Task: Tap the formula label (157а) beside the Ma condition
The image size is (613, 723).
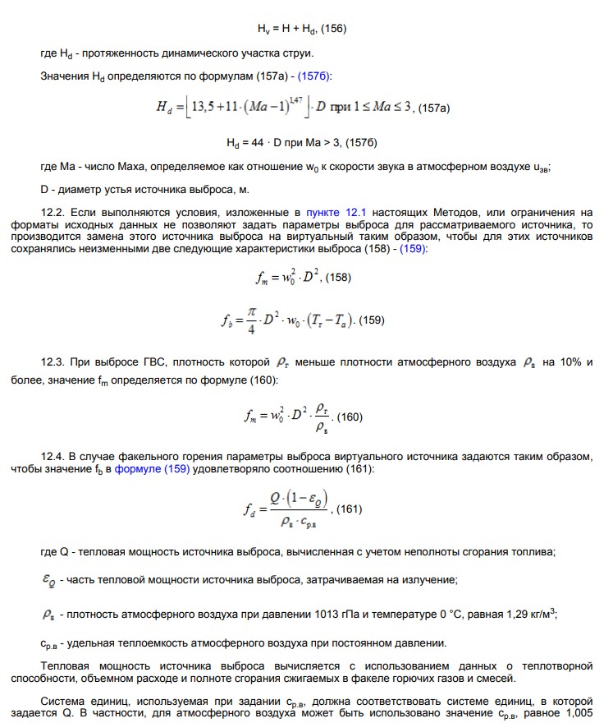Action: [x=434, y=108]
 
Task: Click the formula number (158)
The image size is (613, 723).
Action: [x=337, y=278]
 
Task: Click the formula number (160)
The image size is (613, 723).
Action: [x=350, y=417]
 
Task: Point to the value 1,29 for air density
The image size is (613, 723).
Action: [x=510, y=613]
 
